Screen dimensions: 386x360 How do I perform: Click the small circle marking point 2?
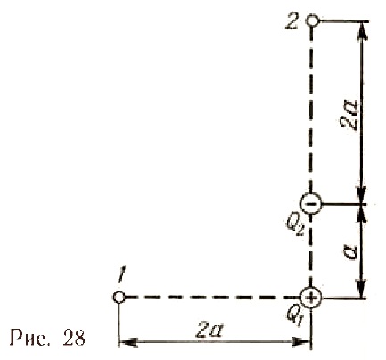(x=313, y=21)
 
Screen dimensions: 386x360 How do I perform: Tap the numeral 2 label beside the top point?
(x=292, y=21)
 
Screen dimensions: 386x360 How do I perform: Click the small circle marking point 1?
(x=119, y=297)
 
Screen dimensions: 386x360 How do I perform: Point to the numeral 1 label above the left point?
(x=120, y=276)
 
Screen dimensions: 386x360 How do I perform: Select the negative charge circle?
(x=311, y=203)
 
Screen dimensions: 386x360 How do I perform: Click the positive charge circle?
(x=311, y=297)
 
